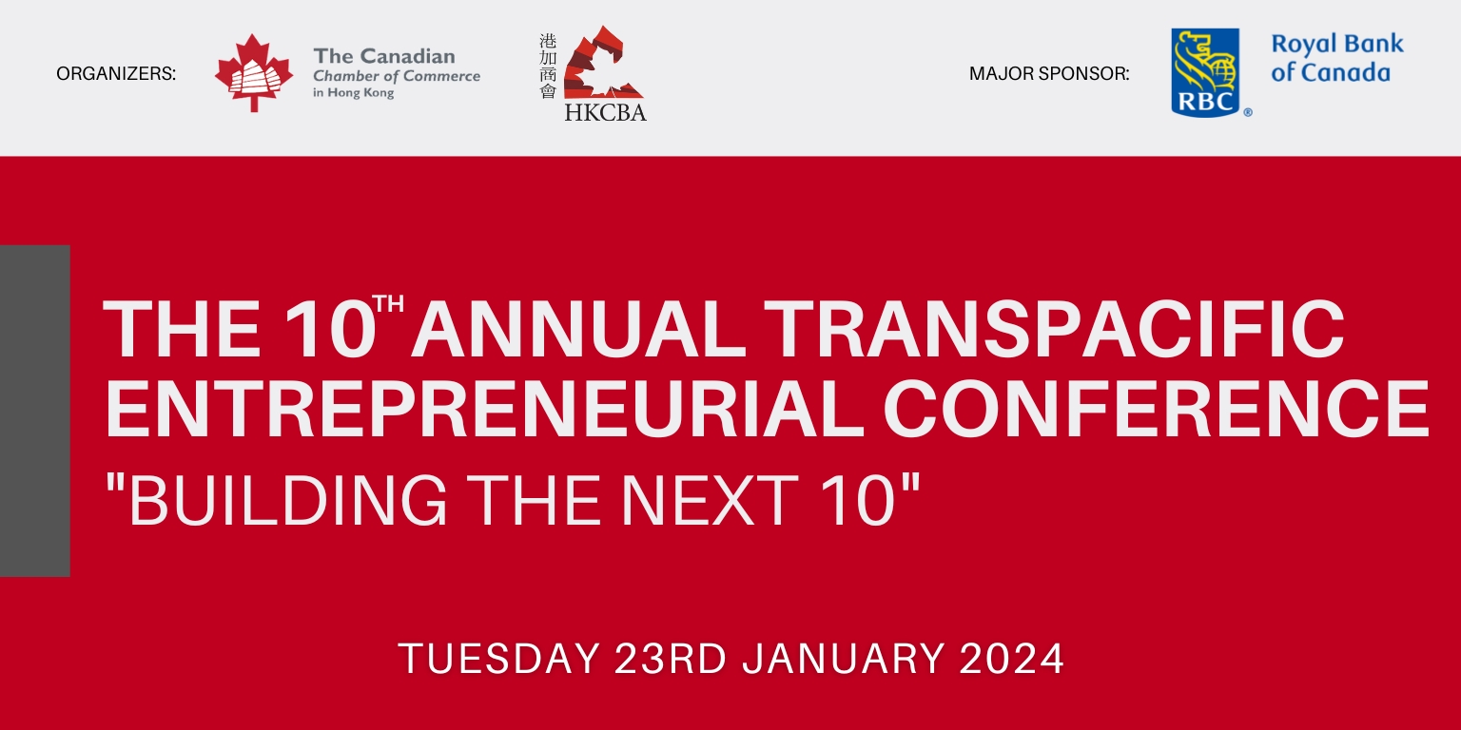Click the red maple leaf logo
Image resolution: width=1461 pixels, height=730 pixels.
coord(254,73)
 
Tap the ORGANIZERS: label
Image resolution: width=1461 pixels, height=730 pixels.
coord(116,73)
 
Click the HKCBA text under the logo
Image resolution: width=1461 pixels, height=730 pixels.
coord(605,112)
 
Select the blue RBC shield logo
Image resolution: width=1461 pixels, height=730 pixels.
coord(1205,72)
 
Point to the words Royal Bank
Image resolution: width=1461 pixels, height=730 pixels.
coord(1337,44)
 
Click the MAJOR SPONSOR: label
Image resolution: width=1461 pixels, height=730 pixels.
coord(1049,73)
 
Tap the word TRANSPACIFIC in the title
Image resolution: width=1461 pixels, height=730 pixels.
coord(1053,329)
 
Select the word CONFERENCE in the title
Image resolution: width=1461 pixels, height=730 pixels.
coord(1157,409)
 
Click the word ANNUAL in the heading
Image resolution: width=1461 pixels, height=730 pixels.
coord(578,329)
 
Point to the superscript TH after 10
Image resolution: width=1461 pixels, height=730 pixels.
coord(388,304)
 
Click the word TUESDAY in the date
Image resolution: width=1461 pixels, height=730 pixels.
coord(499,659)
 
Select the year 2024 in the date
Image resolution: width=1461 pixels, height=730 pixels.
coord(1012,659)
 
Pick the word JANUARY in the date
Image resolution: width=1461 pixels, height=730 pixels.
coord(844,659)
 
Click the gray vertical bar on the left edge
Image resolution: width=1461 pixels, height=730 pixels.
coord(34,411)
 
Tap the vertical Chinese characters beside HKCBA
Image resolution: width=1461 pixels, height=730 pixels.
coord(548,67)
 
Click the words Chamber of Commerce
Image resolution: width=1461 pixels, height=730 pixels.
coord(397,76)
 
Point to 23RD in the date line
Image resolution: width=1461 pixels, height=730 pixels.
coord(671,659)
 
